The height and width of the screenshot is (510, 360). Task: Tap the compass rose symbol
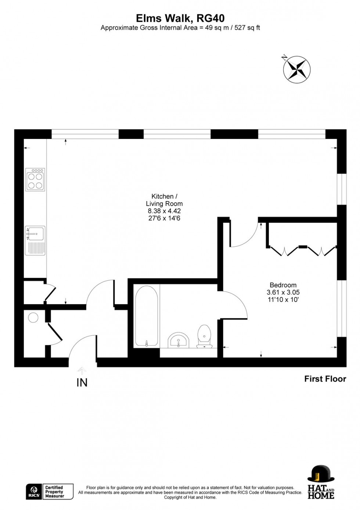296,69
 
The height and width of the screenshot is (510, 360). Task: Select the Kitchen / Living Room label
164,200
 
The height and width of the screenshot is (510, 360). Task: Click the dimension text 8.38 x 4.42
164,211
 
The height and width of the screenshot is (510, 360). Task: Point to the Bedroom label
283,285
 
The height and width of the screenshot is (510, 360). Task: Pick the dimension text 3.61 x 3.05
283,292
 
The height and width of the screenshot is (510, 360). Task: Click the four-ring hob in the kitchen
35,180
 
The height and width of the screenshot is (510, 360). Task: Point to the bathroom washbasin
179,340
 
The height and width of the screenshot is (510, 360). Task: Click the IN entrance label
82,383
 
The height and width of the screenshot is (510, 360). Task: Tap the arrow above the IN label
82,370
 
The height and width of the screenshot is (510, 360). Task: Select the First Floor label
325,379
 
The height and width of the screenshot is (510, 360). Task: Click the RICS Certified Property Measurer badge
50,492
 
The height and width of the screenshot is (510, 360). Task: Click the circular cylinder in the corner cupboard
33,318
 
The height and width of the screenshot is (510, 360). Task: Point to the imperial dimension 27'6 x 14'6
164,218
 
